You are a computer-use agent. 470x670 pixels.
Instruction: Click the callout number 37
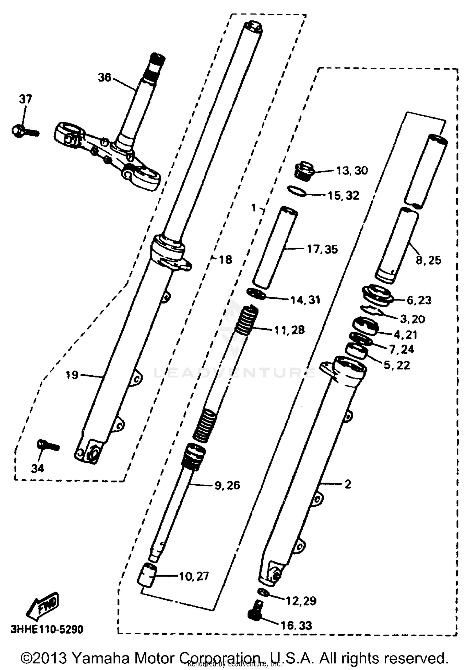point(25,99)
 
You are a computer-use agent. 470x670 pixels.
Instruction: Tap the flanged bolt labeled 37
point(22,131)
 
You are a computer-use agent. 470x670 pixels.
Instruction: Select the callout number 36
point(105,77)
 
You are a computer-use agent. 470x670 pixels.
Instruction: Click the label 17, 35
point(322,249)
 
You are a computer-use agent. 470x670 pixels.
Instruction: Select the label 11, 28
point(289,330)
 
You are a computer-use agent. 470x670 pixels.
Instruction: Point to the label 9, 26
point(227,485)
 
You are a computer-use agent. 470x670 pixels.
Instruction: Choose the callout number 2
point(347,484)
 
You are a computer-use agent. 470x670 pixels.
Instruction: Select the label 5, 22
point(396,365)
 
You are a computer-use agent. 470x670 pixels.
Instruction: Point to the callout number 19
point(72,375)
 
